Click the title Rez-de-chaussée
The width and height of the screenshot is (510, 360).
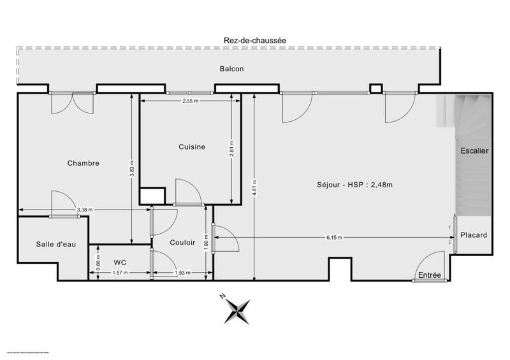coord(254,40)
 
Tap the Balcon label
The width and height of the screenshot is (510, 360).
coord(232,69)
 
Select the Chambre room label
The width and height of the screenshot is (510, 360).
coord(83,163)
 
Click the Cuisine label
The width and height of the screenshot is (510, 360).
coord(192,147)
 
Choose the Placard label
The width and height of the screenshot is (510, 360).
coord(474,235)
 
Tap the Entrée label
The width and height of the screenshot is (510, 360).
coord(430,275)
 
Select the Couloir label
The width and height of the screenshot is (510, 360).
coord(182,243)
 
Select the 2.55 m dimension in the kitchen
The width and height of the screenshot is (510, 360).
coord(190,101)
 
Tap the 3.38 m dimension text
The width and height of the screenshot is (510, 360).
coord(84,210)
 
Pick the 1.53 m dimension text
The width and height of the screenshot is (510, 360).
coord(183,273)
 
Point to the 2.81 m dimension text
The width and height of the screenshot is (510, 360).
coord(233,148)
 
